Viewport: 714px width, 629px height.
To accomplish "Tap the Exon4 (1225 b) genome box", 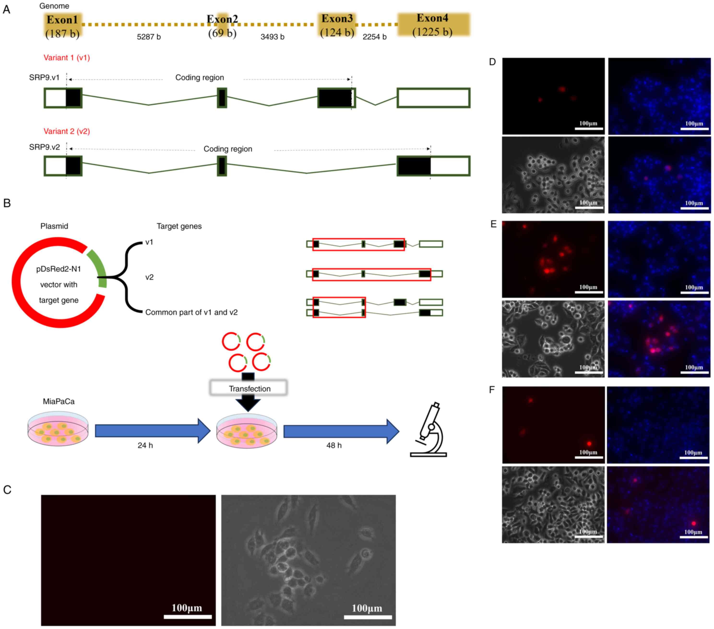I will [433, 25].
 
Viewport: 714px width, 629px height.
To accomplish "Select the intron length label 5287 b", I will [149, 37].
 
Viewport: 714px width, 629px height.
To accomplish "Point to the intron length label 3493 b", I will [272, 37].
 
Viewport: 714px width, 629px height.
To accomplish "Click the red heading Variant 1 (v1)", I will [67, 58].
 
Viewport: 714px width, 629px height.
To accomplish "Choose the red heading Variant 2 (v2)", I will [67, 131].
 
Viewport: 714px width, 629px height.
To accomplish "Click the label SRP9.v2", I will [44, 147].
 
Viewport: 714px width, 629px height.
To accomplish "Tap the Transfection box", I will [249, 388].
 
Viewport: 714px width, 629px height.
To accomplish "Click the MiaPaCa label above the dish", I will [59, 401].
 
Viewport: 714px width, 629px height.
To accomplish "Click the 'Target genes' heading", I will [179, 226].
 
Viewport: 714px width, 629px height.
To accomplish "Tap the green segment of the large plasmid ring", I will [97, 268].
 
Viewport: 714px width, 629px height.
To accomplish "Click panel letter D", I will [492, 62].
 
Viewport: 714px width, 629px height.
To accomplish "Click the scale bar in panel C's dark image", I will [188, 617].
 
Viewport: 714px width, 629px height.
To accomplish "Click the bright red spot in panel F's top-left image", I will [589, 444].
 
